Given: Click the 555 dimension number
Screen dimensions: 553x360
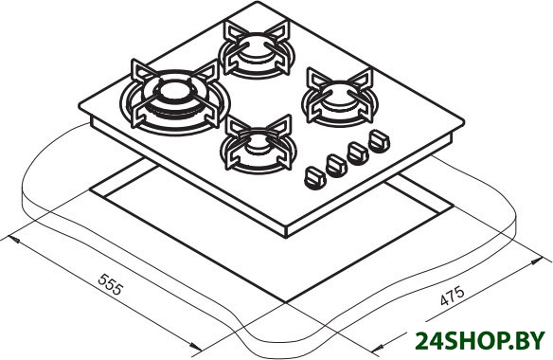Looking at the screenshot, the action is click(111, 284).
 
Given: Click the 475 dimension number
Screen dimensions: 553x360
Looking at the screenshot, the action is click(452, 296).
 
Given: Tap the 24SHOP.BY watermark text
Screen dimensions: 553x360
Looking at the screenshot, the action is click(480, 341).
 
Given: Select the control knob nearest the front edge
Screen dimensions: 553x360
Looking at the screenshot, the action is click(314, 178).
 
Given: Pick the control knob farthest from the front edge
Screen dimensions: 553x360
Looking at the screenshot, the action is click(379, 141).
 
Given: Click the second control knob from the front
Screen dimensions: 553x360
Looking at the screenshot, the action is click(336, 166).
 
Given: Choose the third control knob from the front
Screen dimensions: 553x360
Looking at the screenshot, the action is click(358, 153).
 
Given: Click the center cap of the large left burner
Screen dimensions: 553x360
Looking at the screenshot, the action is click(176, 92).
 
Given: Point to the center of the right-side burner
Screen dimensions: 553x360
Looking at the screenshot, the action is click(340, 93).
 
